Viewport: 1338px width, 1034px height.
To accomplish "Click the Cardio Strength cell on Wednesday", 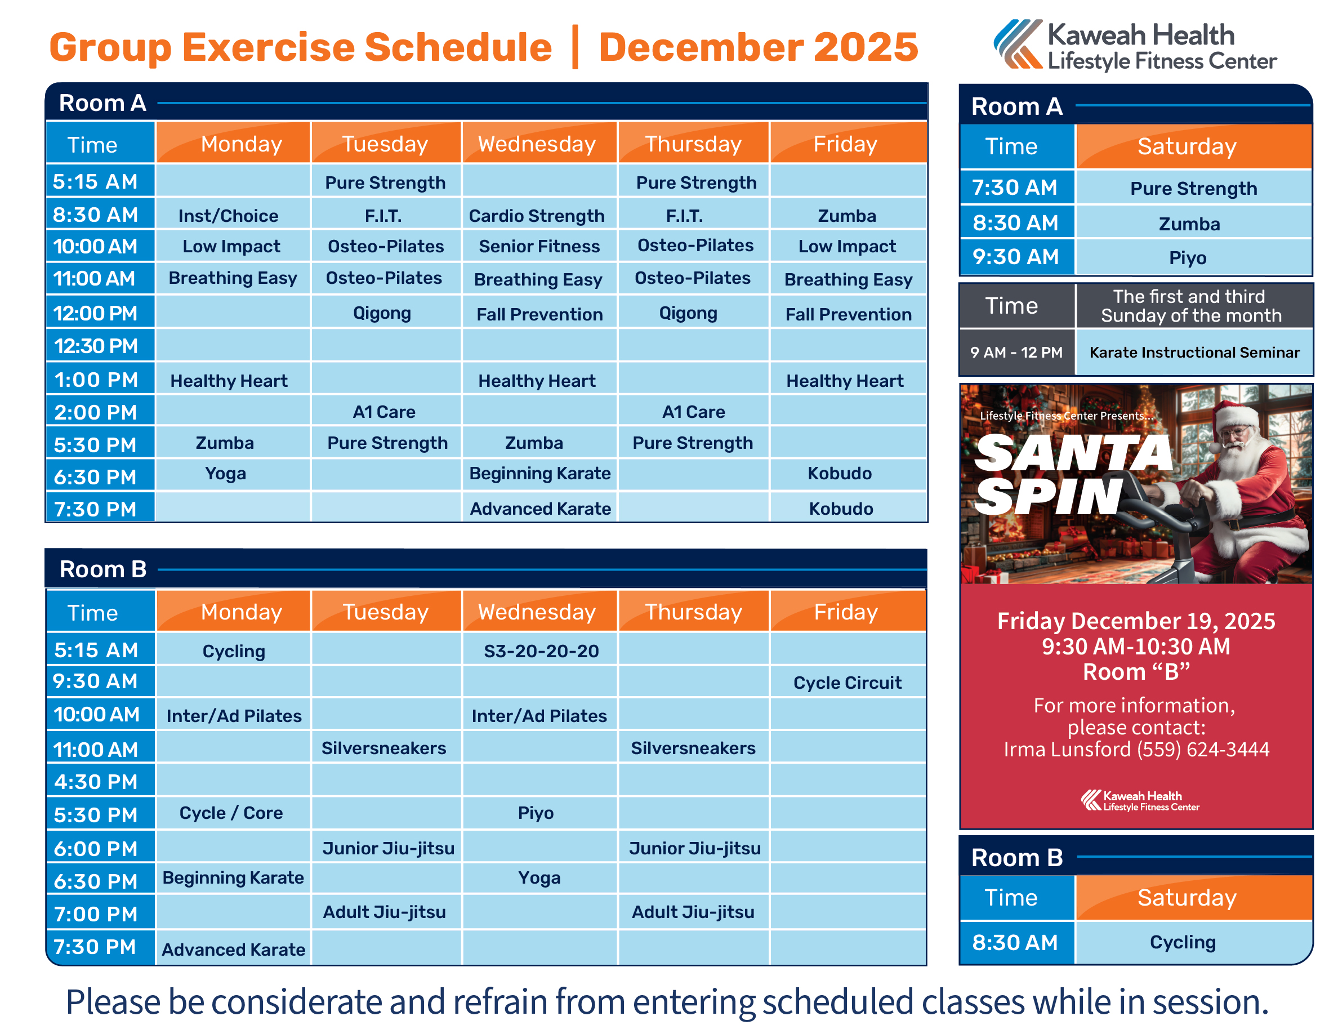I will tap(537, 216).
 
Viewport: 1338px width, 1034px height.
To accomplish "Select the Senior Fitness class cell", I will tap(539, 246).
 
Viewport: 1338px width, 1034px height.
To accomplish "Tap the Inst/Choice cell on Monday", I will tap(228, 216).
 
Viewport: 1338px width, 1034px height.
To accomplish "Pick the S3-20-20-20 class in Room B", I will tap(541, 650).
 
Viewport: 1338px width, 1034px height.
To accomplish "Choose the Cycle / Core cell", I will tap(231, 813).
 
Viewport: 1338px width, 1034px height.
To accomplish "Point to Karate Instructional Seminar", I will tap(1194, 352).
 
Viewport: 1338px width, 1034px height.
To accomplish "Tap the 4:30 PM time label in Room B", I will tap(96, 782).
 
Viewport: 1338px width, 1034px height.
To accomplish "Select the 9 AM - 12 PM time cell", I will tap(1016, 352).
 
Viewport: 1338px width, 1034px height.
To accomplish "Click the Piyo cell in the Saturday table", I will tap(1187, 258).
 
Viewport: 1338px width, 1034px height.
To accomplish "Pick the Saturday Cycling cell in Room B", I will tap(1183, 942).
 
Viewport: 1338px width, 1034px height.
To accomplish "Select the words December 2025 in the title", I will tap(758, 47).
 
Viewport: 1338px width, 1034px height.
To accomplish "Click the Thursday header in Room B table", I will tap(694, 612).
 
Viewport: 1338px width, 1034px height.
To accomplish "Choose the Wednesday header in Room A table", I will tap(537, 144).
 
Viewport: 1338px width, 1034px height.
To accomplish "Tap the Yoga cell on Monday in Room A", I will tap(225, 474).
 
